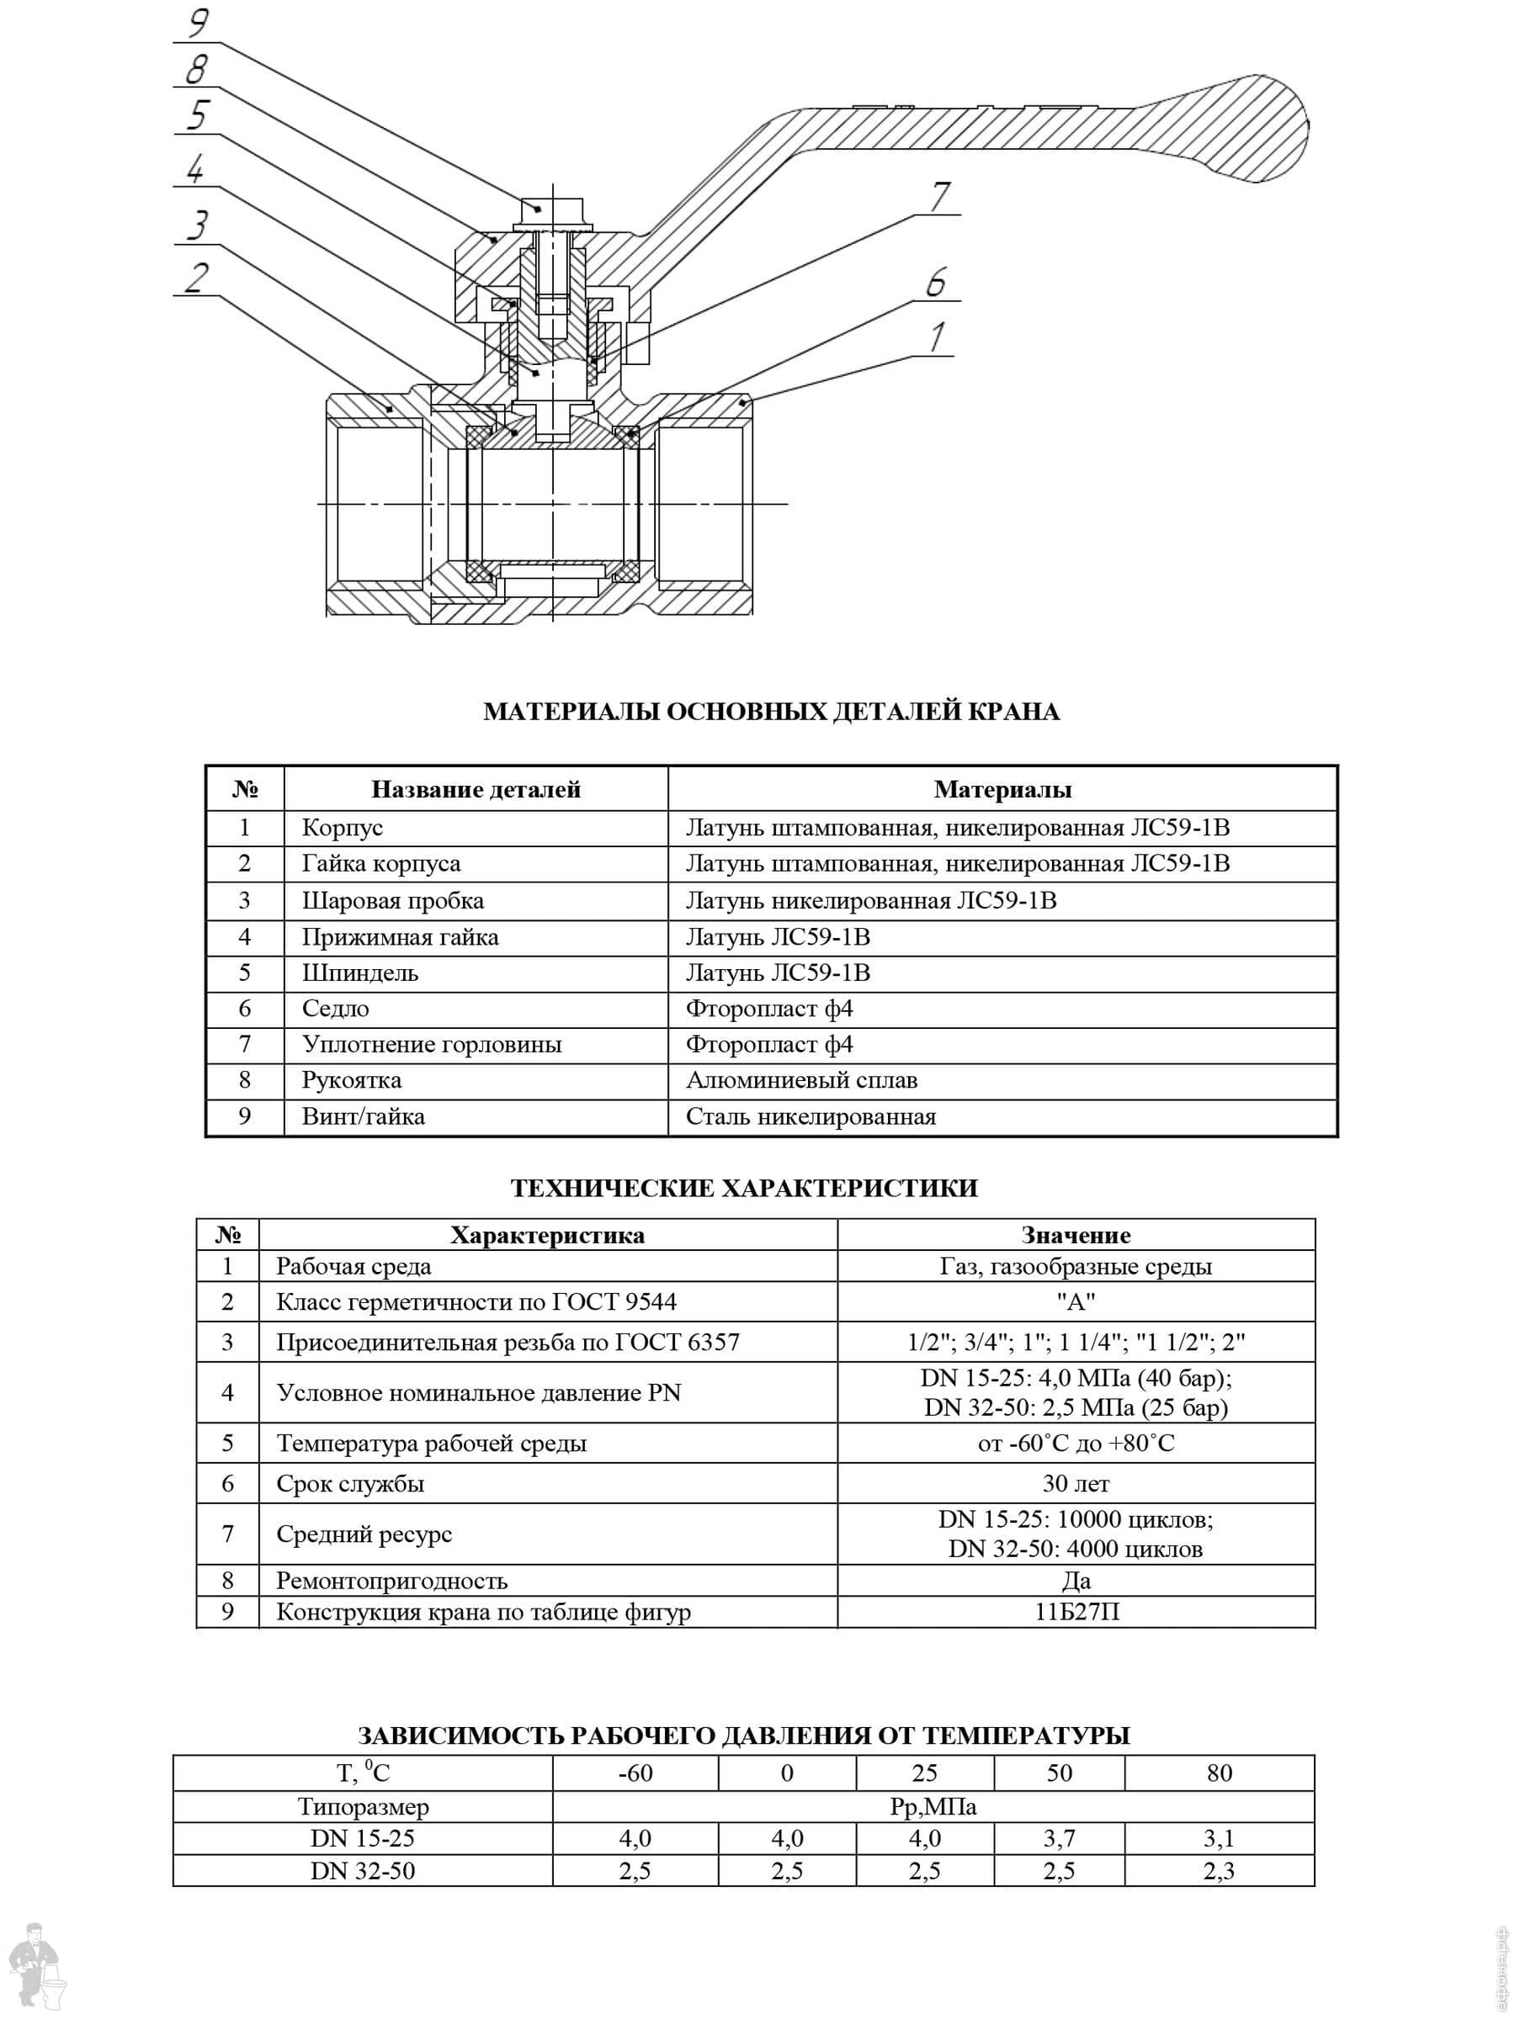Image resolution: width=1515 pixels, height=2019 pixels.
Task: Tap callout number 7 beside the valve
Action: coord(939,196)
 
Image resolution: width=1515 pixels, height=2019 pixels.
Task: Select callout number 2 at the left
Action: coord(196,278)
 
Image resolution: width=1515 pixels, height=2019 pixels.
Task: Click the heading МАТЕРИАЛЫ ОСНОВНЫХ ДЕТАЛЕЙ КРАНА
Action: coord(771,712)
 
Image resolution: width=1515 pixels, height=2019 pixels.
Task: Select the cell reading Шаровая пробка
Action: coord(393,901)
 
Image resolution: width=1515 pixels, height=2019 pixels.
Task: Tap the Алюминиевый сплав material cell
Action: coord(801,1081)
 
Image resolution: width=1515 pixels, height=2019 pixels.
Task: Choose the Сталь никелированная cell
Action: coord(810,1117)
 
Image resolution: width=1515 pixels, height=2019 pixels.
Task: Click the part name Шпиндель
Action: coord(359,973)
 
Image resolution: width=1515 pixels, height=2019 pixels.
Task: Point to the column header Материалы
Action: coord(1002,790)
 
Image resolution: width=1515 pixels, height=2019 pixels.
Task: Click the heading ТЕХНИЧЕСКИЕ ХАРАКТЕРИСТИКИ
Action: coord(743,1189)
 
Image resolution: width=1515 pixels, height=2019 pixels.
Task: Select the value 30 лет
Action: coord(1075,1484)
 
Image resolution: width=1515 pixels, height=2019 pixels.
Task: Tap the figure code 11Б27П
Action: coord(1076,1612)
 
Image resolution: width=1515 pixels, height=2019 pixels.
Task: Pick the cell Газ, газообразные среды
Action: coord(1075,1267)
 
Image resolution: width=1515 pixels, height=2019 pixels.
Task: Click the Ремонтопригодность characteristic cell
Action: coord(391,1581)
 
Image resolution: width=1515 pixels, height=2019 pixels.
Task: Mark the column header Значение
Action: coord(1075,1236)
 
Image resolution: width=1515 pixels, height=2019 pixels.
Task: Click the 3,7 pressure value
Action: coord(1059,1838)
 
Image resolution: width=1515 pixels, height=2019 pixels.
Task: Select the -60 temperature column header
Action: coord(635,1773)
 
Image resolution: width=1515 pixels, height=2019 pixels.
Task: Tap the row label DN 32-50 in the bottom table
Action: coord(362,1871)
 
